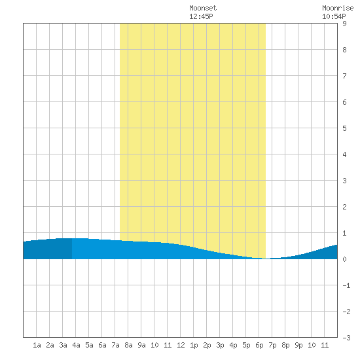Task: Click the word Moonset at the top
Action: pyautogui.click(x=203, y=8)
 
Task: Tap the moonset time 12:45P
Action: pyautogui.click(x=201, y=16)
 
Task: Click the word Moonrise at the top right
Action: pyautogui.click(x=338, y=8)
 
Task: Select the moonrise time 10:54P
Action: pyautogui.click(x=334, y=16)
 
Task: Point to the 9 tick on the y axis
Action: pyautogui.click(x=344, y=24)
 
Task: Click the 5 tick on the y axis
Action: pyautogui.click(x=344, y=128)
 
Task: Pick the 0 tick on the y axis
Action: pyautogui.click(x=344, y=259)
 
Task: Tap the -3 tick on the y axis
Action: pyautogui.click(x=346, y=338)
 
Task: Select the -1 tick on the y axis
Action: pyautogui.click(x=346, y=285)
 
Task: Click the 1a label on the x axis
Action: pyautogui.click(x=37, y=345)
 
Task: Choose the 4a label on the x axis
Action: pyautogui.click(x=76, y=345)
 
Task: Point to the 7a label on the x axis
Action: pyautogui.click(x=115, y=345)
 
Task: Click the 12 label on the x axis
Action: pyautogui.click(x=181, y=345)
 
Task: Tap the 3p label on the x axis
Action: pyautogui.click(x=220, y=345)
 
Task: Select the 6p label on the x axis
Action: pyautogui.click(x=259, y=345)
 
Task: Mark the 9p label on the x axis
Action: pyautogui.click(x=298, y=345)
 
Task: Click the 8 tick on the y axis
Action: pyautogui.click(x=344, y=50)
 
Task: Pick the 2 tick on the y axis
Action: pyautogui.click(x=344, y=207)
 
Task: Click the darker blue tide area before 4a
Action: pyautogui.click(x=48, y=249)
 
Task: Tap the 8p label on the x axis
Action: pyautogui.click(x=285, y=345)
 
